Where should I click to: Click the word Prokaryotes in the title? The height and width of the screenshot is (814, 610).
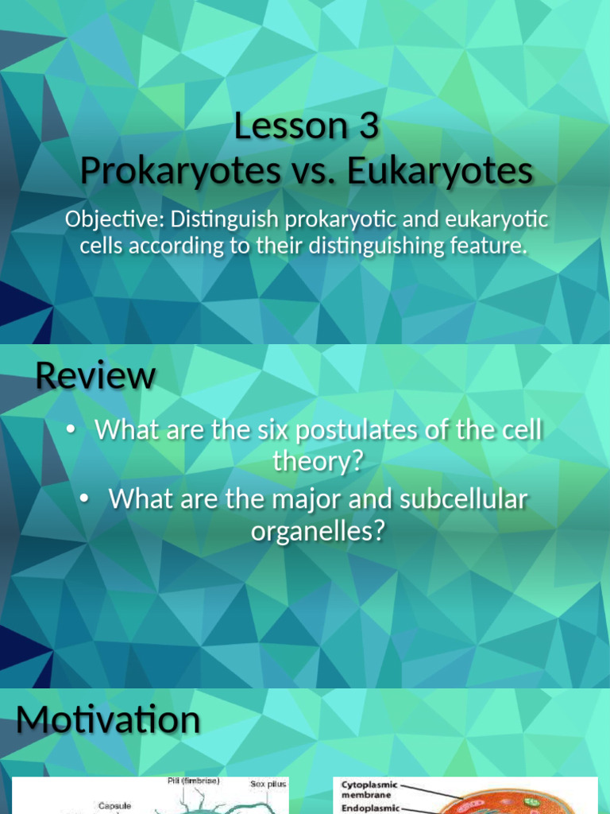[x=177, y=171]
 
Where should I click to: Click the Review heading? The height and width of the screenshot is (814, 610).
[x=95, y=375]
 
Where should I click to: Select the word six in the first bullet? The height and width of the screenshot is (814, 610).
[x=259, y=430]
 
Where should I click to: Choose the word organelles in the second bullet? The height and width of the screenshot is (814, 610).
[x=317, y=530]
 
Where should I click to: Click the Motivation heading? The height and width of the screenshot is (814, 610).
[x=108, y=719]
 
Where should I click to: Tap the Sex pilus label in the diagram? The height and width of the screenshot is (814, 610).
[x=267, y=784]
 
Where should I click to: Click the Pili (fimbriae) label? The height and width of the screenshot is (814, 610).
[x=194, y=781]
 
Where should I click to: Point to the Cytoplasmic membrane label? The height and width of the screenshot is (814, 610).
[x=370, y=790]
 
